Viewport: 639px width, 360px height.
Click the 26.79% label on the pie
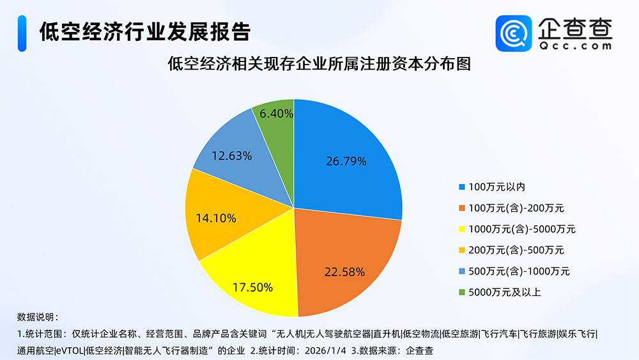coord(345,161)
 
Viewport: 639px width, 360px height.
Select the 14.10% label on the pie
coord(215,218)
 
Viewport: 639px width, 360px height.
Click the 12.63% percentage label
coord(231,155)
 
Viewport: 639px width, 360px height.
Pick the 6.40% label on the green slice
coord(273,114)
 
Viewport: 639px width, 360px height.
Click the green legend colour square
coord(462,292)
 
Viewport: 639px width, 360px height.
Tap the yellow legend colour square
coord(462,229)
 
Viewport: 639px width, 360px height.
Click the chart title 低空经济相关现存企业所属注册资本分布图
coord(319,64)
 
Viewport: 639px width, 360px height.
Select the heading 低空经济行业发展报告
coord(144,31)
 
